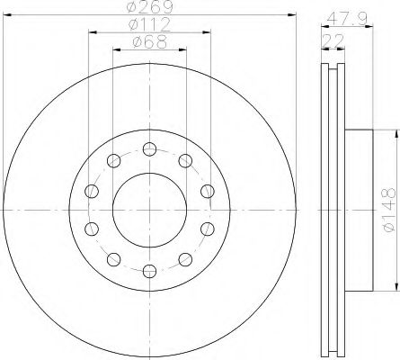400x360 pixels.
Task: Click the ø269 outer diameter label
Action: click(149, 7)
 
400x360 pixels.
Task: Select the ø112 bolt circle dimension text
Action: click(149, 25)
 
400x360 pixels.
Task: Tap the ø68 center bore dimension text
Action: click(149, 42)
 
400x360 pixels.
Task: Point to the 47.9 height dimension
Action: click(347, 19)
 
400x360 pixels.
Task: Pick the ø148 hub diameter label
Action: click(389, 210)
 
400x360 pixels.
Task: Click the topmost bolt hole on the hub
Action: click(149, 149)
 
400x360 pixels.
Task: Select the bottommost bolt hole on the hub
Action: click(149, 271)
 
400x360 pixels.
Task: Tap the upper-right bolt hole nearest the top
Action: click(185, 160)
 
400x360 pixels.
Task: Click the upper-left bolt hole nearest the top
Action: click(113, 160)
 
